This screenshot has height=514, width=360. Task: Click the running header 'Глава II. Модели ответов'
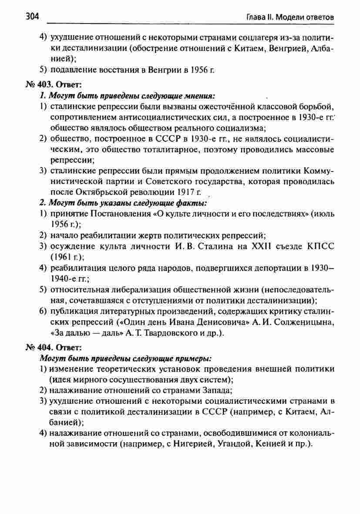(x=290, y=18)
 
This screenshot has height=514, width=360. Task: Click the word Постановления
(x=117, y=213)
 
